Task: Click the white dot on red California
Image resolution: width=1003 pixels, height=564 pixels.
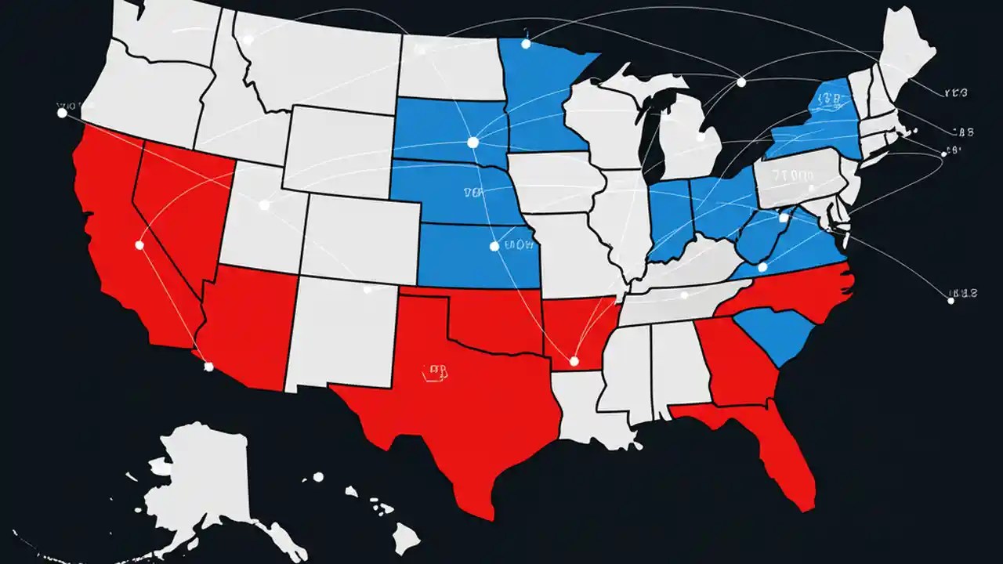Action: coord(139,245)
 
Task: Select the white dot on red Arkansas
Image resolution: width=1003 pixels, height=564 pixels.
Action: coord(574,361)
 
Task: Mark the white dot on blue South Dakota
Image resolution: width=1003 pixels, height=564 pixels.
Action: coord(472,142)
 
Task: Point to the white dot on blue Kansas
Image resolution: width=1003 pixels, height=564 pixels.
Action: coord(494,246)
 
